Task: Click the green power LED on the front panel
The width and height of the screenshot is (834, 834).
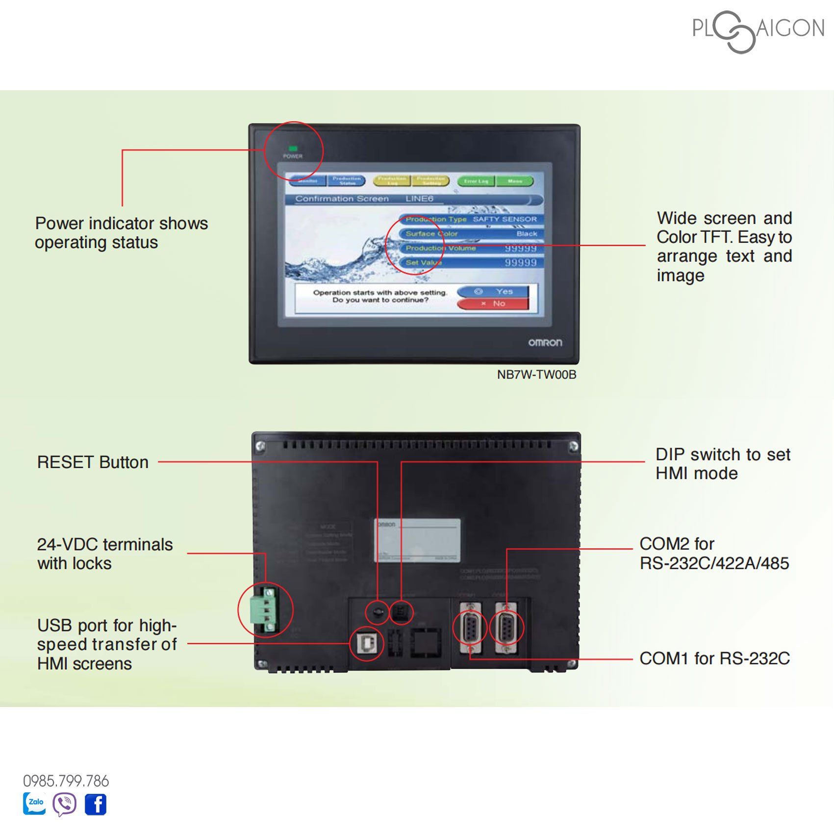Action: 293,148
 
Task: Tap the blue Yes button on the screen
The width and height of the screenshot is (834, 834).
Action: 493,292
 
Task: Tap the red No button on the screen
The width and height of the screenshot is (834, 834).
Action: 493,304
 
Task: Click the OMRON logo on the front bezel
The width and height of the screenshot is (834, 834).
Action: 545,342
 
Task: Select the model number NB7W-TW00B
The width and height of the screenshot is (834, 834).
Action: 536,375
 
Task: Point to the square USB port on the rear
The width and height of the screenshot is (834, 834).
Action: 366,644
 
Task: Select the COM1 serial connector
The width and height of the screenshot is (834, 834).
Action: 470,628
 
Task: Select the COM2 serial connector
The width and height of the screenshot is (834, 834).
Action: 506,628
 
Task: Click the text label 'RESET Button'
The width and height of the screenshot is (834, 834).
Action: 93,462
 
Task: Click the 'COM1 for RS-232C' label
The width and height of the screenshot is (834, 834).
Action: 714,658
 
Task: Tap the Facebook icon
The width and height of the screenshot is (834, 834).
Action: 96,805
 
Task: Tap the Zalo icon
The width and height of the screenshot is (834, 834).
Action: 35,804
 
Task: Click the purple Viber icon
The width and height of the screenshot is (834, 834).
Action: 65,804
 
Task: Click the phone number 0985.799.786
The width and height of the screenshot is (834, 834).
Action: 66,781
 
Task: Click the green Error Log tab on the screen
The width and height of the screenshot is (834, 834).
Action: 476,181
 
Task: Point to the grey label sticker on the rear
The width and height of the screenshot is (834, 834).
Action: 417,540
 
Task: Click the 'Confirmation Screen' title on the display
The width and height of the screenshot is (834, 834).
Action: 342,199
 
